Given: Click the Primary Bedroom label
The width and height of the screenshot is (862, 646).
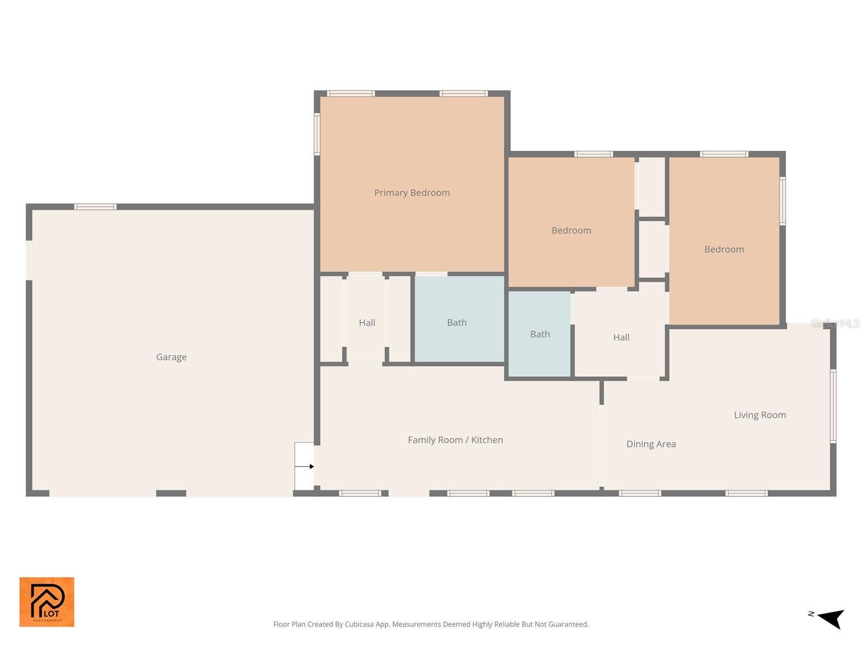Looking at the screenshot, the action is click(412, 193).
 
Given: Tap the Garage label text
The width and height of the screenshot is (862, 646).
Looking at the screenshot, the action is click(171, 357).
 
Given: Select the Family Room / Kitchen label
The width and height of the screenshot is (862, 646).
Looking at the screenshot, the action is click(455, 440).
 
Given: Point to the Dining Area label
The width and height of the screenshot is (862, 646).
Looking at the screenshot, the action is click(651, 444).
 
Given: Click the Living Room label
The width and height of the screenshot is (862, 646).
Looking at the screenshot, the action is click(760, 415).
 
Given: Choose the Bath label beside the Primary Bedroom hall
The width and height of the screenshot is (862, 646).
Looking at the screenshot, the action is click(457, 322).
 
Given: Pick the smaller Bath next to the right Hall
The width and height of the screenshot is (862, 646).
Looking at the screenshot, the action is click(540, 334).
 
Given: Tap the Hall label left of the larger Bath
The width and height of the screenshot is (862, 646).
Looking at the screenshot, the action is click(367, 323).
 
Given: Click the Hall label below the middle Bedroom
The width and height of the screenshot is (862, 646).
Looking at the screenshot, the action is click(621, 338).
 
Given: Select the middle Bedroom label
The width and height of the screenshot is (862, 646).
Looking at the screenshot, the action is click(571, 230).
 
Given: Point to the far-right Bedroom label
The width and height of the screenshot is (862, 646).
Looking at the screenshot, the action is click(724, 249).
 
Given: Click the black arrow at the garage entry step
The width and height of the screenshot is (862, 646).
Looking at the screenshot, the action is click(304, 466).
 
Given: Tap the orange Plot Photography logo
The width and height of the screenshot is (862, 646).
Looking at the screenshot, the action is click(47, 602).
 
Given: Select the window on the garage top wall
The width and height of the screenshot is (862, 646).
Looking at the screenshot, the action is click(95, 207).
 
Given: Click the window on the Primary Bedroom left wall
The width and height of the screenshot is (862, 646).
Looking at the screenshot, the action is click(317, 134).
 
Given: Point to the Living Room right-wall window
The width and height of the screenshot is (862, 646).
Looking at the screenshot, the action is click(832, 406).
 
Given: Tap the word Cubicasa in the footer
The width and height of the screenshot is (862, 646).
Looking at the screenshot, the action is click(359, 624).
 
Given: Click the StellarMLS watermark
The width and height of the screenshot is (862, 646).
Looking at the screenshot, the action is click(835, 324).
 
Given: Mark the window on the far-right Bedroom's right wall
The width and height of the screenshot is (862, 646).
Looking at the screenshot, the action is click(782, 201).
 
